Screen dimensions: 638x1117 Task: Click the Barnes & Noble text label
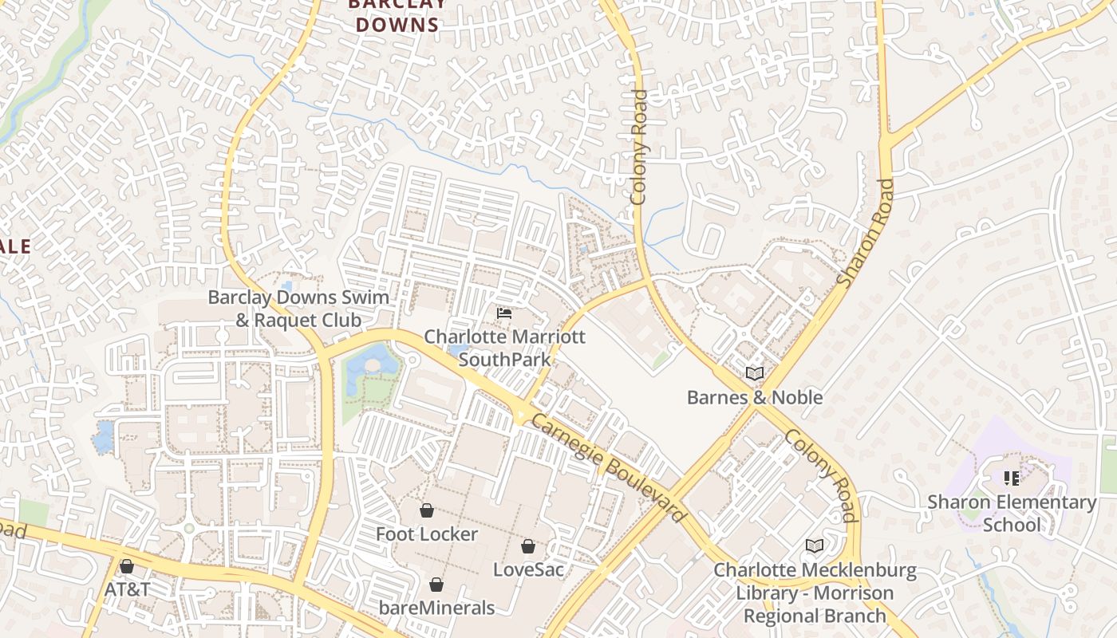[x=755, y=397]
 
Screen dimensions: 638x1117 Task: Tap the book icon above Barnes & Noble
[x=754, y=372]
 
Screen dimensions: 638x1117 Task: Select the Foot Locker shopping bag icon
[x=427, y=510]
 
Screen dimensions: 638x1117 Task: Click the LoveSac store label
[x=528, y=569]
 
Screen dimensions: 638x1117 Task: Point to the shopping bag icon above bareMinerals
[x=436, y=585]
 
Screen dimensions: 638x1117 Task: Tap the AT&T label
[x=127, y=589]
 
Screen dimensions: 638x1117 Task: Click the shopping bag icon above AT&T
[x=126, y=566]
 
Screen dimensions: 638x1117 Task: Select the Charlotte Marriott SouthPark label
[x=504, y=348]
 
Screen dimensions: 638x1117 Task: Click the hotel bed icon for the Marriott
[x=504, y=313]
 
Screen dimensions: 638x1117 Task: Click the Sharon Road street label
[x=866, y=233]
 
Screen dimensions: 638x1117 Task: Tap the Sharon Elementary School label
[x=1012, y=513]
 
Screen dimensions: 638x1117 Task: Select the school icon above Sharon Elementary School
[x=1012, y=478]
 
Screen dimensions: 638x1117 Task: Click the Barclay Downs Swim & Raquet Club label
[x=298, y=309]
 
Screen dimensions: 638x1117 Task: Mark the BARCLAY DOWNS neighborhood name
[x=397, y=16]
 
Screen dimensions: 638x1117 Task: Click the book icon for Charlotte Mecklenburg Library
[x=814, y=545]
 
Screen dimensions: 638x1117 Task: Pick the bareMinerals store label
[x=436, y=608]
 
